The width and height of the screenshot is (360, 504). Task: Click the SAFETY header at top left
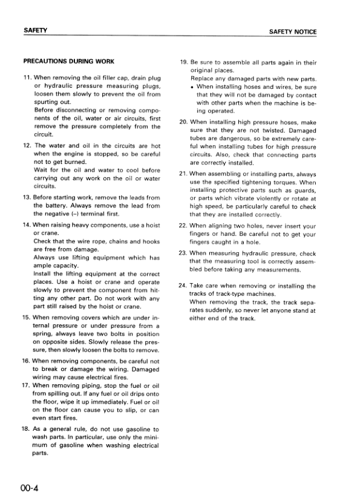36,31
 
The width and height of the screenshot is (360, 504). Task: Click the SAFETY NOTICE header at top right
293,31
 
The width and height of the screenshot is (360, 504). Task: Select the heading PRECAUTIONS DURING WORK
68,62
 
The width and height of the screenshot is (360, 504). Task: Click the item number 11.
27,79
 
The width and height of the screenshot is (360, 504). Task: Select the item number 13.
27,197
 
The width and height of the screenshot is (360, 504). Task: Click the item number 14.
27,225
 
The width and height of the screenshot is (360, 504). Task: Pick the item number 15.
27,316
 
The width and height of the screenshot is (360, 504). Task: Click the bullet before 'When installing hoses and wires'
192,87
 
